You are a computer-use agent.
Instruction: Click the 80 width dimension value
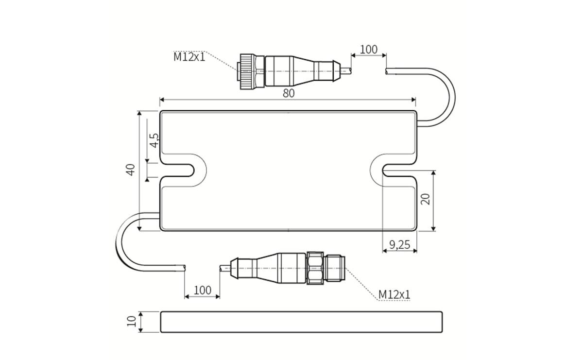[x=289, y=93]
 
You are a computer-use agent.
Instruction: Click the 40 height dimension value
[x=130, y=170]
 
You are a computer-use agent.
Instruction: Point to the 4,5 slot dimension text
[x=154, y=140]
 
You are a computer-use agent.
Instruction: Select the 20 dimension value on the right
[x=426, y=199]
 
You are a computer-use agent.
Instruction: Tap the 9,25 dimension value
[x=399, y=245]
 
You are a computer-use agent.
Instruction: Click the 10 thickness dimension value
[x=130, y=322]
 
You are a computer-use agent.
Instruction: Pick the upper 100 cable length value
[x=368, y=49]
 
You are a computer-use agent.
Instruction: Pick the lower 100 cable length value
[x=202, y=290]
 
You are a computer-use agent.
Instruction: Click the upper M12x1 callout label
[x=189, y=57]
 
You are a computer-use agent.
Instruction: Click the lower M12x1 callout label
[x=394, y=294]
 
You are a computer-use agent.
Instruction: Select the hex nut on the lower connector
[x=315, y=268]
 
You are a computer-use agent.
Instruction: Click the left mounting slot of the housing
[x=182, y=170]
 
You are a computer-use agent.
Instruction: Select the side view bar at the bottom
[x=301, y=322]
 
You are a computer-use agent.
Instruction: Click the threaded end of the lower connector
[x=335, y=268]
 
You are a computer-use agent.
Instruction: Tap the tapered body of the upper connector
[x=301, y=71]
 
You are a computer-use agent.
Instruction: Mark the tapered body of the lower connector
[x=267, y=268]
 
